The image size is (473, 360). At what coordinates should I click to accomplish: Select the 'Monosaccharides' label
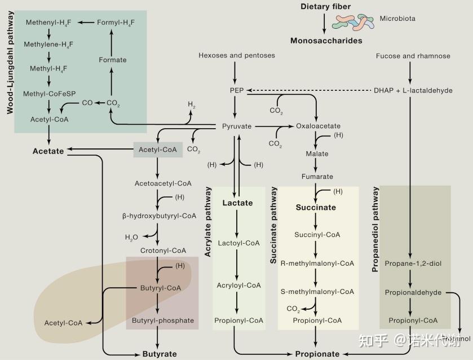[x=326, y=41]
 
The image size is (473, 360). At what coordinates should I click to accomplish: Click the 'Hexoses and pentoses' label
[x=237, y=55]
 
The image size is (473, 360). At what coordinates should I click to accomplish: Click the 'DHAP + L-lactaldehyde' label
[x=413, y=90]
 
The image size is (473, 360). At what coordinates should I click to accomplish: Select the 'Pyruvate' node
[x=236, y=126]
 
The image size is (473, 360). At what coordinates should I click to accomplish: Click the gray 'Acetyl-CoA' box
[x=158, y=150]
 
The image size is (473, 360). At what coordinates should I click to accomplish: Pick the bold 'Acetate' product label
[x=48, y=151]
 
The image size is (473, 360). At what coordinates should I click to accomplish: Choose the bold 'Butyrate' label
[x=159, y=354]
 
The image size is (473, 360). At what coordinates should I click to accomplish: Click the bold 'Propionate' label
[x=317, y=354]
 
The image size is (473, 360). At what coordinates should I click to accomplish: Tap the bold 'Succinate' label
[x=316, y=208]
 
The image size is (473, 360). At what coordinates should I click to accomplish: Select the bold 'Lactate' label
[x=237, y=203]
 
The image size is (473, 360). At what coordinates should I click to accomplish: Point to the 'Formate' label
[x=113, y=60]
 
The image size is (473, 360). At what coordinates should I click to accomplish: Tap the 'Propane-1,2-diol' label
[x=414, y=264]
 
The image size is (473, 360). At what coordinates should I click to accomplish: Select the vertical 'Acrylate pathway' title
[x=208, y=222]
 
